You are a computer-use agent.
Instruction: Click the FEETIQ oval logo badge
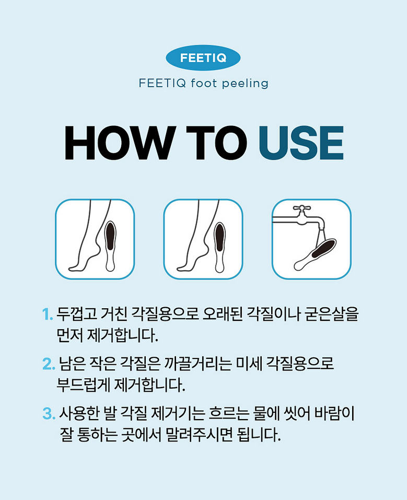click(203, 57)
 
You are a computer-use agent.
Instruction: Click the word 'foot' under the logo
click(204, 84)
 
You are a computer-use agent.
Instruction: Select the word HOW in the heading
click(120, 143)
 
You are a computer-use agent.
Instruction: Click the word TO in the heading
click(217, 143)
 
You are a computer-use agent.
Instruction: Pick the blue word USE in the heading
click(301, 143)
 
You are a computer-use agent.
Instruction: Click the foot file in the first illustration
click(110, 246)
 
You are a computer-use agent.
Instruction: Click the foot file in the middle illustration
click(219, 247)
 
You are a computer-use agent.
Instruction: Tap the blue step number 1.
click(47, 315)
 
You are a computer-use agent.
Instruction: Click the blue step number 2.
click(49, 364)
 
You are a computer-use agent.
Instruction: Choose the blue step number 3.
click(49, 413)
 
